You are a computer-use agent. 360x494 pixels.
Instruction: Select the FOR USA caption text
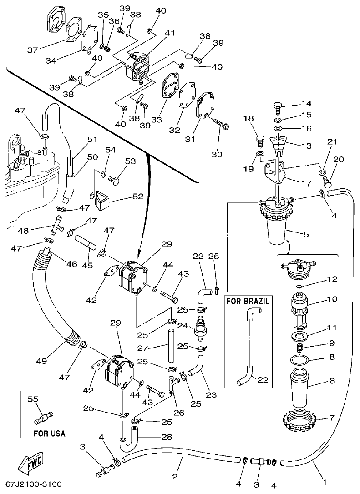[49, 434]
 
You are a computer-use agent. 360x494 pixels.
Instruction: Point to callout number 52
[137, 197]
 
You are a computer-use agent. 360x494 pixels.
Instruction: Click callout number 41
[170, 33]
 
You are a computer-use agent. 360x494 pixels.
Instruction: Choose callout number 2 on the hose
[175, 477]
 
